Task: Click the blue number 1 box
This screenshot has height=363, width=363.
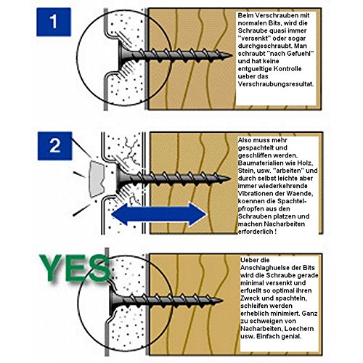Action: click(54, 22)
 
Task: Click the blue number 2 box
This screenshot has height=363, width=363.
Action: click(54, 146)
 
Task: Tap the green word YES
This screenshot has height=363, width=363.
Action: click(75, 269)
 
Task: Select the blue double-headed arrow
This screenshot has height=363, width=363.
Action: click(159, 214)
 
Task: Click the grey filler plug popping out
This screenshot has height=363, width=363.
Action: click(97, 179)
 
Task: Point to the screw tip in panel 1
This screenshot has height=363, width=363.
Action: click(231, 55)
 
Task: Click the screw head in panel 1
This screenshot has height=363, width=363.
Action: click(122, 54)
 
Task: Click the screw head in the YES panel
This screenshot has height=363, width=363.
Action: click(113, 301)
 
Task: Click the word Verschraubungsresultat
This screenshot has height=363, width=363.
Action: click(276, 84)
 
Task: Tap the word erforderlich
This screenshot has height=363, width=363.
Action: click(256, 232)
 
